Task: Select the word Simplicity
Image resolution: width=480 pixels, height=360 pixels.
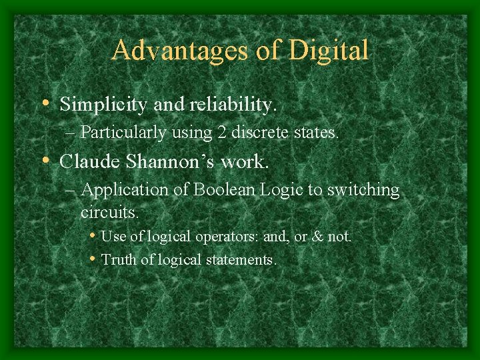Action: pyautogui.click(x=102, y=105)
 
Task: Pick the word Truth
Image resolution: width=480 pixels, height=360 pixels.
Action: pyautogui.click(x=119, y=259)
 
